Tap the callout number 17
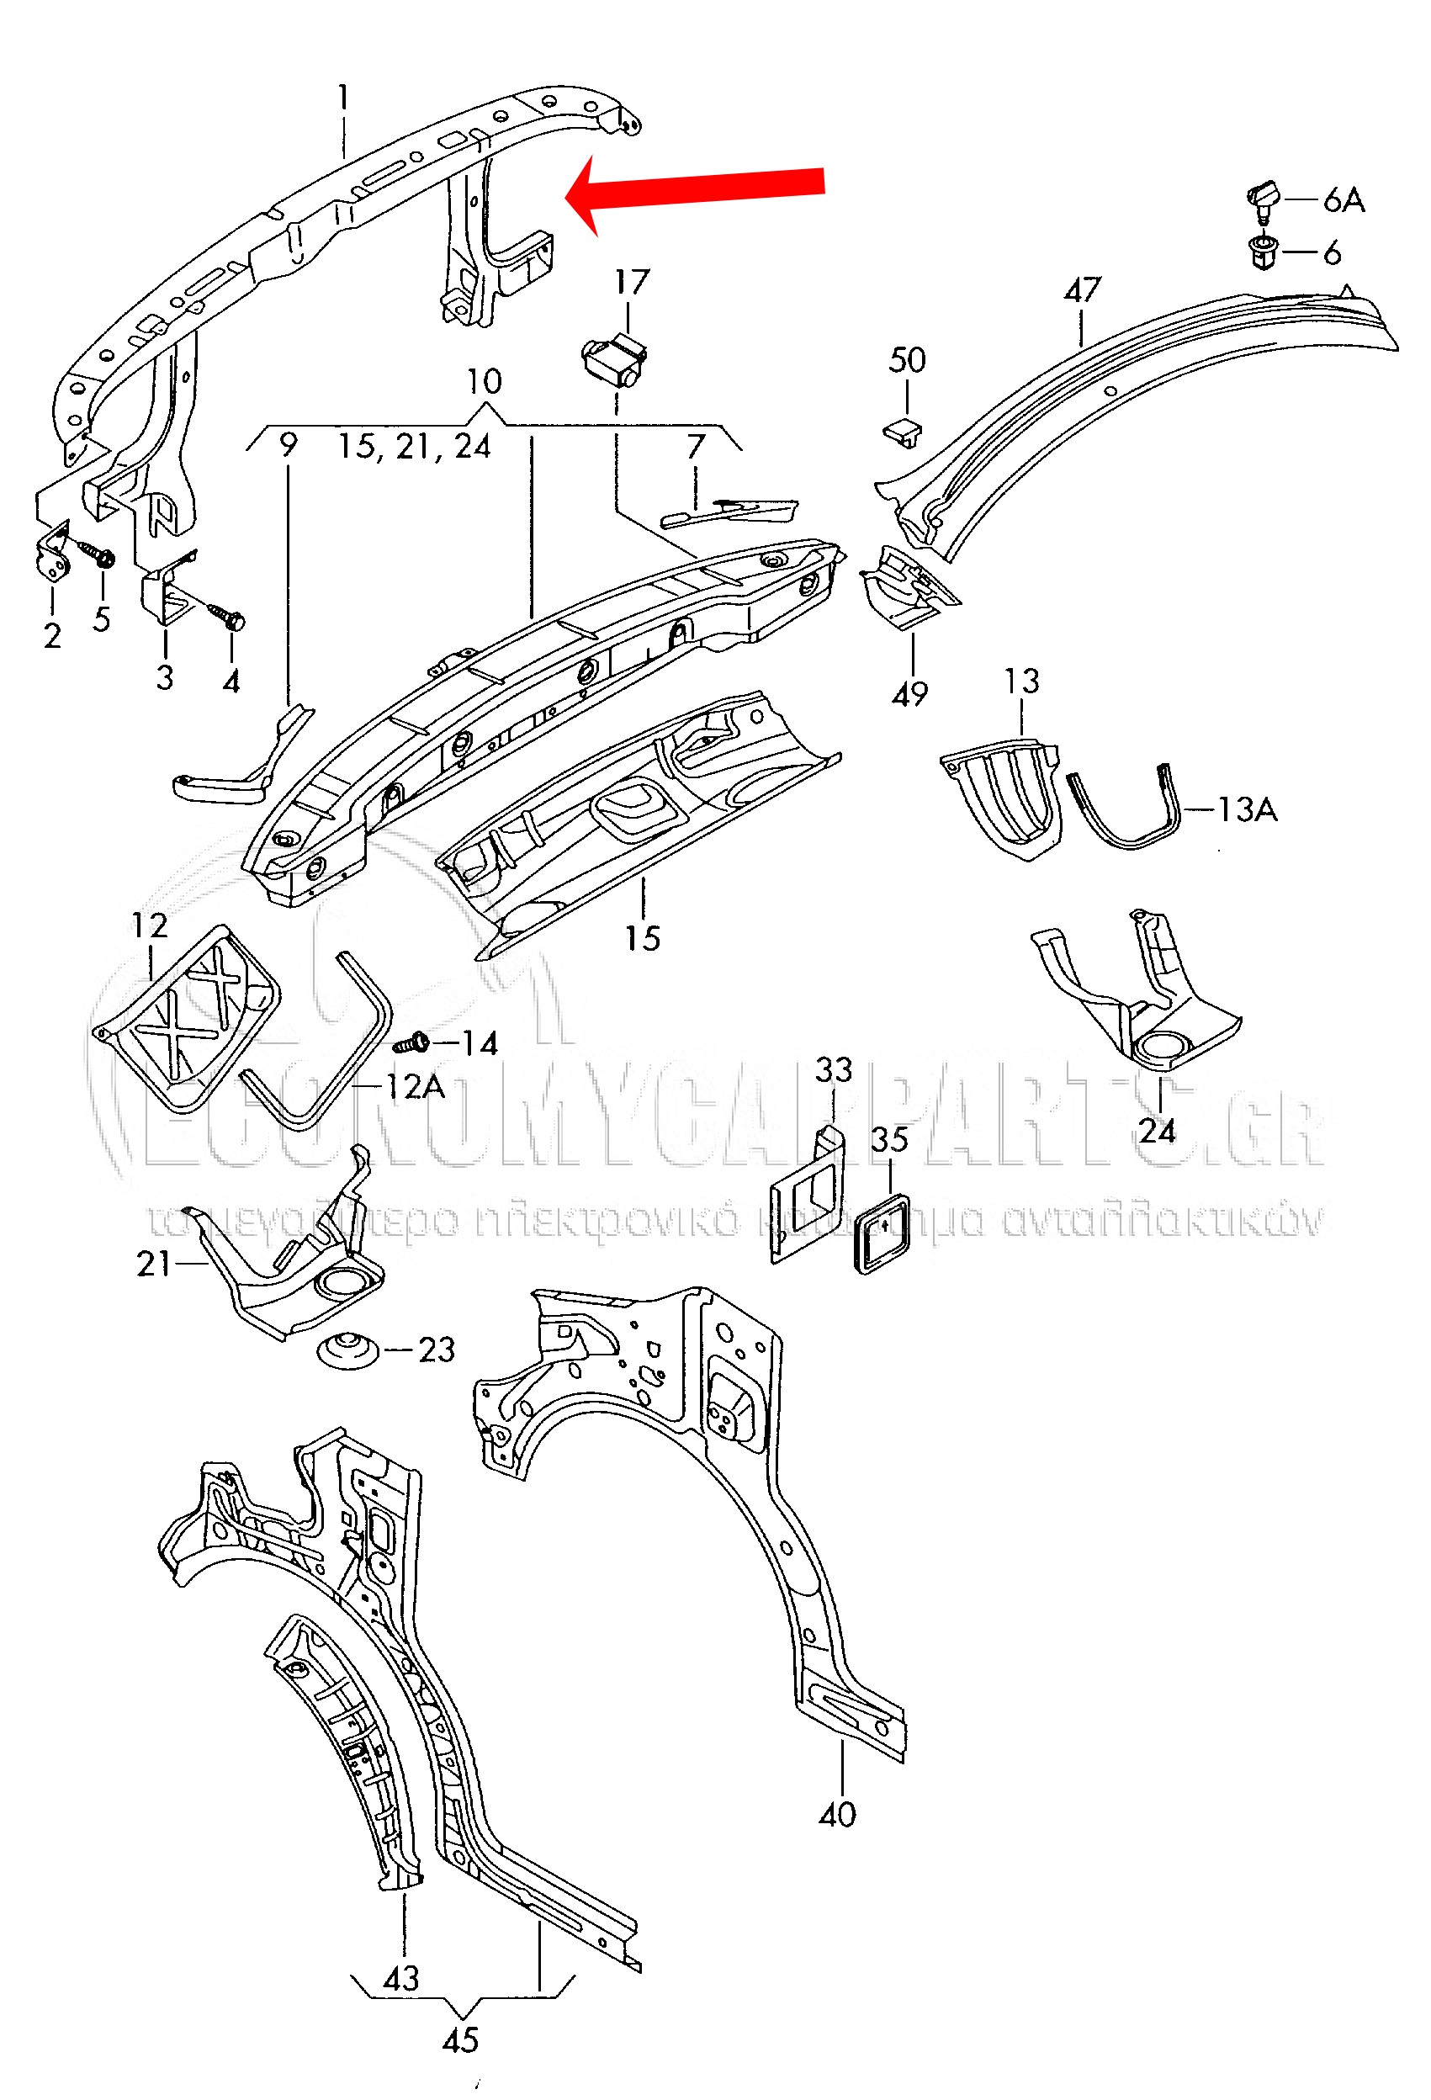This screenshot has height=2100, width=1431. click(x=632, y=282)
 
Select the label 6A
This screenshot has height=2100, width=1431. click(x=1344, y=199)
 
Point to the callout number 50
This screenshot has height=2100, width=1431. click(x=907, y=361)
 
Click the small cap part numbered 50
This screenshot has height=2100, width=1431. click(x=903, y=431)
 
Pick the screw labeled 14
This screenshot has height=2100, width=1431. click(x=413, y=1043)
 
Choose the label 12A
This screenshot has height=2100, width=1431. click(x=415, y=1086)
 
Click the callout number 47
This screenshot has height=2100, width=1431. click(x=1082, y=290)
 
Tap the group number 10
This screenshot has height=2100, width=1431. click(x=485, y=381)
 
